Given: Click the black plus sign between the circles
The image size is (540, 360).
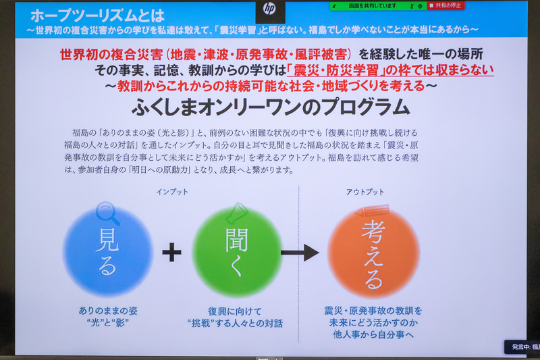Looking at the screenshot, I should [x=171, y=253].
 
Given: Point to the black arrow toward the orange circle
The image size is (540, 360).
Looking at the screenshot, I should [x=300, y=253].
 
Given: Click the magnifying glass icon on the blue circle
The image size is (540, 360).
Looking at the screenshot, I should [x=108, y=213].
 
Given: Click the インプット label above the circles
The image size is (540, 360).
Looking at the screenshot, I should [x=172, y=192].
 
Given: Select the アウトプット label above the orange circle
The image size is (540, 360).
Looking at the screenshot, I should [x=364, y=192].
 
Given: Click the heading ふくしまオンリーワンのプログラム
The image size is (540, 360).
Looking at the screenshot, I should [x=270, y=107].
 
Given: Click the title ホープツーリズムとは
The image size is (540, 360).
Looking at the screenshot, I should [x=88, y=15].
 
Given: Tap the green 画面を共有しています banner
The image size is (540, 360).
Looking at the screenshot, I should [x=368, y=5].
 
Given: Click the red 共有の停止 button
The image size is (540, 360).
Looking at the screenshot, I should [x=446, y=5].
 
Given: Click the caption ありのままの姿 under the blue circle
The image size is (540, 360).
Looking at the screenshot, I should [x=107, y=311].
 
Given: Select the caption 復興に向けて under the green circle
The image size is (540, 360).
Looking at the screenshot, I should [x=236, y=311].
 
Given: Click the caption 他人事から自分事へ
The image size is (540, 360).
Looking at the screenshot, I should [x=373, y=334].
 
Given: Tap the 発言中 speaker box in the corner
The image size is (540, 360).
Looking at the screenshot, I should [x=522, y=346].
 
